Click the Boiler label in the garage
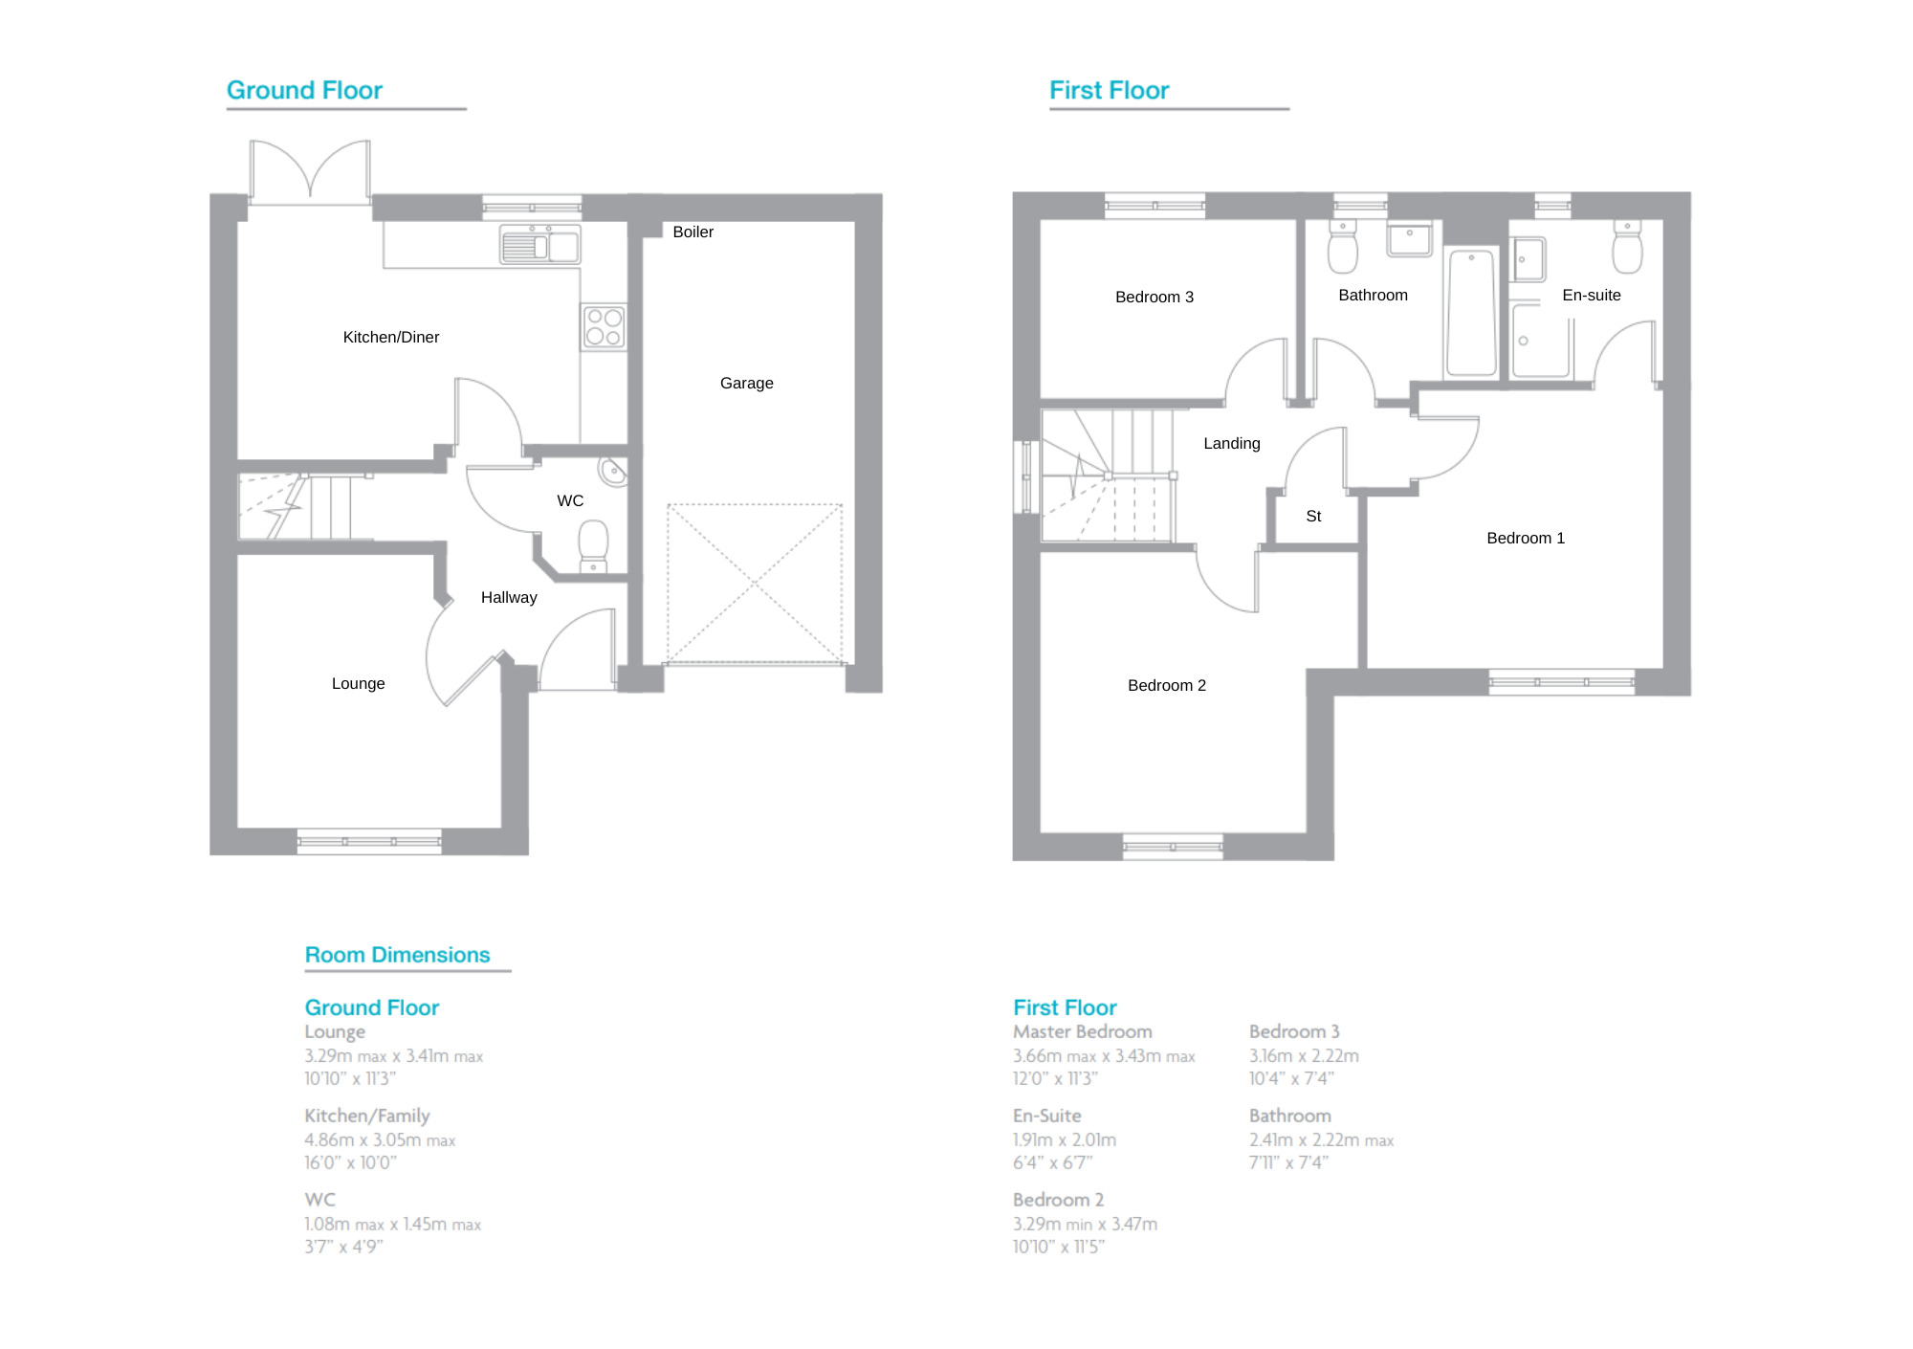[693, 232]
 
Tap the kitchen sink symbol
[539, 245]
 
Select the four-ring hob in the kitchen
[604, 326]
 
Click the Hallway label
[509, 598]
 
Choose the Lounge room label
[358, 684]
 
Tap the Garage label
[746, 384]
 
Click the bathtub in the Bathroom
[1471, 313]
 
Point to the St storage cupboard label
[1313, 517]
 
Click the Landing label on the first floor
[1231, 444]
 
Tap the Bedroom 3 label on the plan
[1154, 298]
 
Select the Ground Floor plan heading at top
[304, 91]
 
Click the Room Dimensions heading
[397, 955]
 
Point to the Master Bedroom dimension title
[1082, 1032]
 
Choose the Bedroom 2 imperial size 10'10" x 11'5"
[1058, 1247]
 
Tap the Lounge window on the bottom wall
[369, 842]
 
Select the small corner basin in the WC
[612, 472]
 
